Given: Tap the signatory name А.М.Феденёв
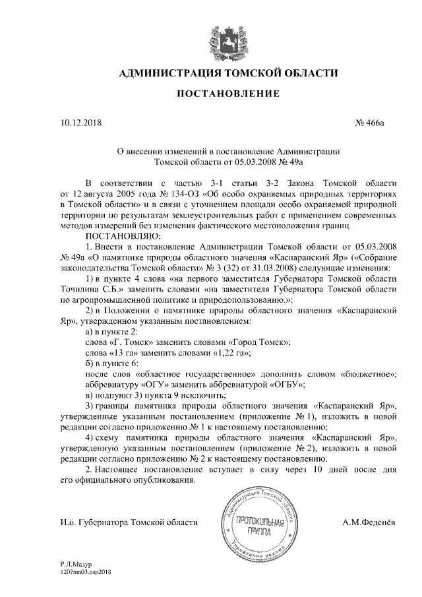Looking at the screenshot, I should (369, 522).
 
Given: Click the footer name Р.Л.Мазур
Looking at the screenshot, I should (75, 566).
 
